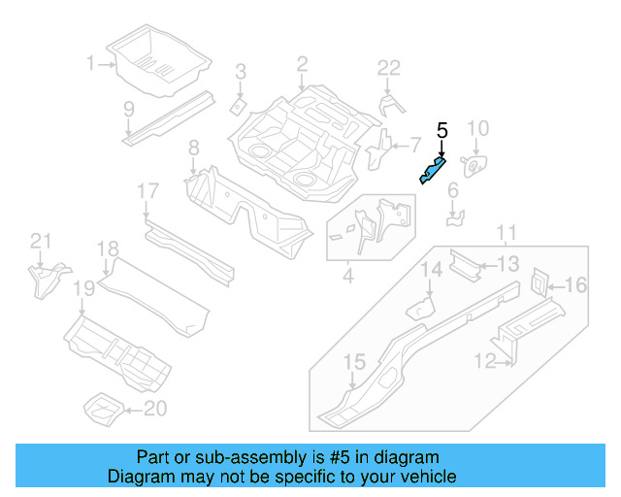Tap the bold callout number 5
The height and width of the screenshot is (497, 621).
442,131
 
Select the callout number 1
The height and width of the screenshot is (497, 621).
91,64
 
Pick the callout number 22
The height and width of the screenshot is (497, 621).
388,67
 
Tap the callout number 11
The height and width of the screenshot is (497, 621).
506,232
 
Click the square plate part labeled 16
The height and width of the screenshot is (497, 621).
539,282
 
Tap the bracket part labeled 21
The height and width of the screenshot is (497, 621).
43,279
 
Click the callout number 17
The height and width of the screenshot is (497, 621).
147,191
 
